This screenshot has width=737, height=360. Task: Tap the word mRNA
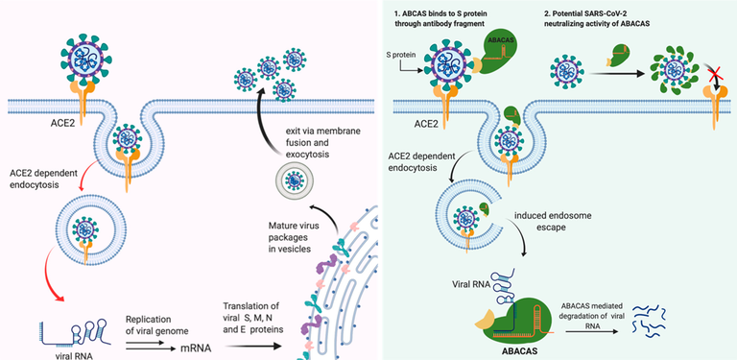pos(196,348)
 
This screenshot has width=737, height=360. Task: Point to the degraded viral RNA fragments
pos(649,321)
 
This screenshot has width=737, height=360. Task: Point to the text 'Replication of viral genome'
pos(157,324)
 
